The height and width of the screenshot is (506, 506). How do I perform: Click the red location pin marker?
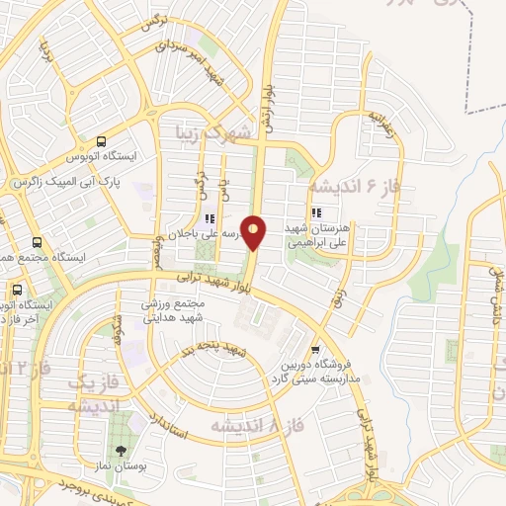coord(254,232)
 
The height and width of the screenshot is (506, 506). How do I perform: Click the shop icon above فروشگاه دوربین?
coord(315,349)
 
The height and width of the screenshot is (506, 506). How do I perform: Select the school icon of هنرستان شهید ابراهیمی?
coord(315,212)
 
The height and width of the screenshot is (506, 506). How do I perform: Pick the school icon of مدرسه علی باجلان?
coord(209,219)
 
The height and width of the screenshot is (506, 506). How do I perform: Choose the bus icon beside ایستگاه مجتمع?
coord(38,242)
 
